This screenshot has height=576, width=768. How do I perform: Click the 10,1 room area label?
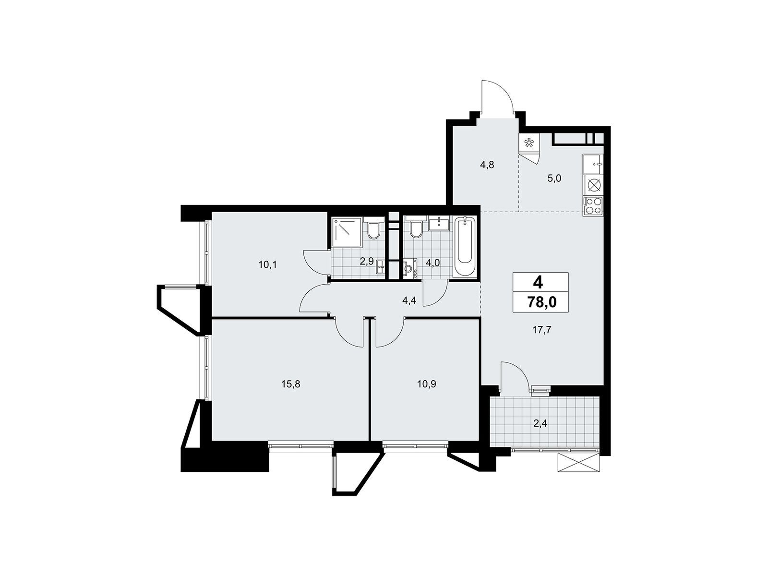268,265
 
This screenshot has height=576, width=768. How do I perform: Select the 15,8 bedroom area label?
291,384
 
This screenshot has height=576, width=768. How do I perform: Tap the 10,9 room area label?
427,384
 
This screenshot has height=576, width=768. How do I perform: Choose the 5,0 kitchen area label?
554,179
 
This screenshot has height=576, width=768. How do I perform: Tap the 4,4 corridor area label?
408,300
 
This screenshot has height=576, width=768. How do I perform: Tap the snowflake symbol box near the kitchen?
529,143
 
